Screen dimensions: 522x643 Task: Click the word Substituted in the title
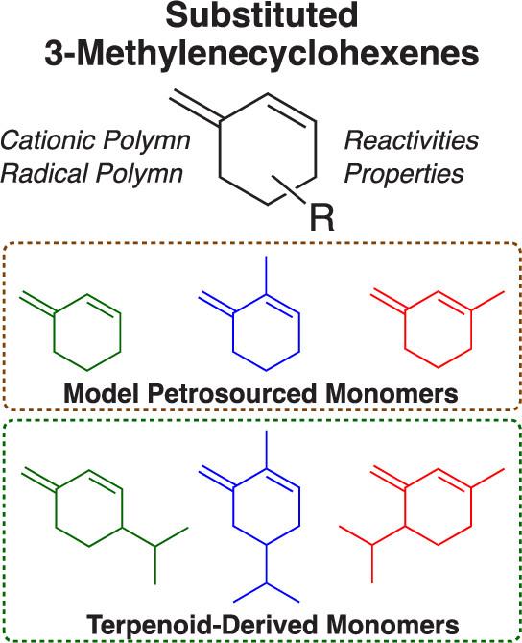262,16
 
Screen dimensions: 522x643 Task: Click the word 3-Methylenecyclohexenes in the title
262,54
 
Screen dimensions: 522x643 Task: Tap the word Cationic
49,140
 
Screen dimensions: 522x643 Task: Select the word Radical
44,173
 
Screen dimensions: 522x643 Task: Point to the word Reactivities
412,140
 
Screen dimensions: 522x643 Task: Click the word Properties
404,174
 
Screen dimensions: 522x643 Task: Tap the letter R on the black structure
322,218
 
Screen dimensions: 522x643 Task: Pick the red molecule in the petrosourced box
438,328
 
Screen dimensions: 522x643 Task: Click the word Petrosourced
231,393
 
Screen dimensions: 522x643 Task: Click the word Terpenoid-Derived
202,625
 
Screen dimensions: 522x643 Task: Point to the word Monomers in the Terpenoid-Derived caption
392,625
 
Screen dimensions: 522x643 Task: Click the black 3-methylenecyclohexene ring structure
268,150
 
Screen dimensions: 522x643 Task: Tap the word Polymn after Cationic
146,140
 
